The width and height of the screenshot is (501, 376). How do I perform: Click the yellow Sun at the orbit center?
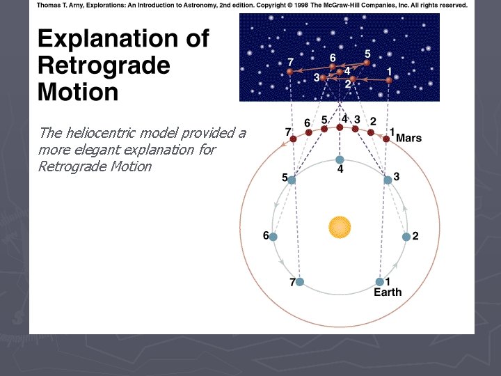click(340, 226)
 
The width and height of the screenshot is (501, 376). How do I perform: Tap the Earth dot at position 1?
click(379, 281)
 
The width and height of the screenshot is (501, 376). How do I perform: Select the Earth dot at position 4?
click(340, 159)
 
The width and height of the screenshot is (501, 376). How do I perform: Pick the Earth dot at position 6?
click(273, 237)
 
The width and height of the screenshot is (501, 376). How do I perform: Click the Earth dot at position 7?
click(300, 282)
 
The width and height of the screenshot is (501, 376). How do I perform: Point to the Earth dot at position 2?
click(406, 237)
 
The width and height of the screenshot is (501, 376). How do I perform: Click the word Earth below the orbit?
click(388, 292)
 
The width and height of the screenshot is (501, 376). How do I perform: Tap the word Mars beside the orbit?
click(408, 138)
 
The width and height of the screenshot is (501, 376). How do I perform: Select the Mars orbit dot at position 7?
click(293, 139)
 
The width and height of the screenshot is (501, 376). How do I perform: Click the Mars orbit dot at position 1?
click(387, 139)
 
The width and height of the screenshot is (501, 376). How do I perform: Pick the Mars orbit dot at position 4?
click(340, 127)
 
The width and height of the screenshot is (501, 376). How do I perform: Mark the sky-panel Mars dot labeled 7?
click(289, 72)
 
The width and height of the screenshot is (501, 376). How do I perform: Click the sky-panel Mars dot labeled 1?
click(389, 80)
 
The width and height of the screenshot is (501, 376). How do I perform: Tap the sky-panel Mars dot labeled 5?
click(367, 63)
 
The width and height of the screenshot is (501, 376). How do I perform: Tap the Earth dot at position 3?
click(388, 180)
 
